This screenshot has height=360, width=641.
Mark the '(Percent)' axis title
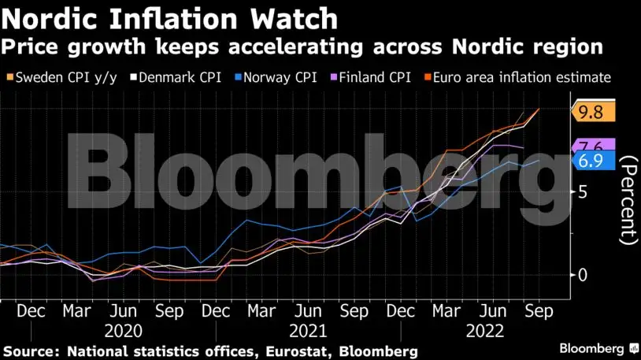[628, 200]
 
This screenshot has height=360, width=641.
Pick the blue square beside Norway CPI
[238, 77]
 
